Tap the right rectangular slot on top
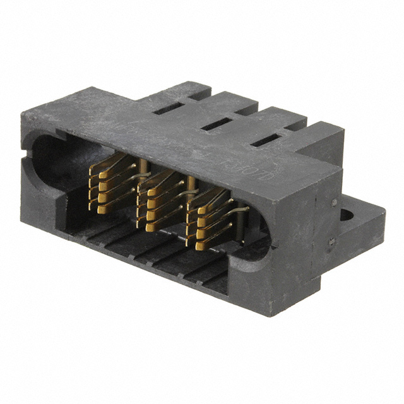click(x=265, y=141)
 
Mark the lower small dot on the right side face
click(x=330, y=242)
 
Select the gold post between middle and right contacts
click(x=189, y=189)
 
